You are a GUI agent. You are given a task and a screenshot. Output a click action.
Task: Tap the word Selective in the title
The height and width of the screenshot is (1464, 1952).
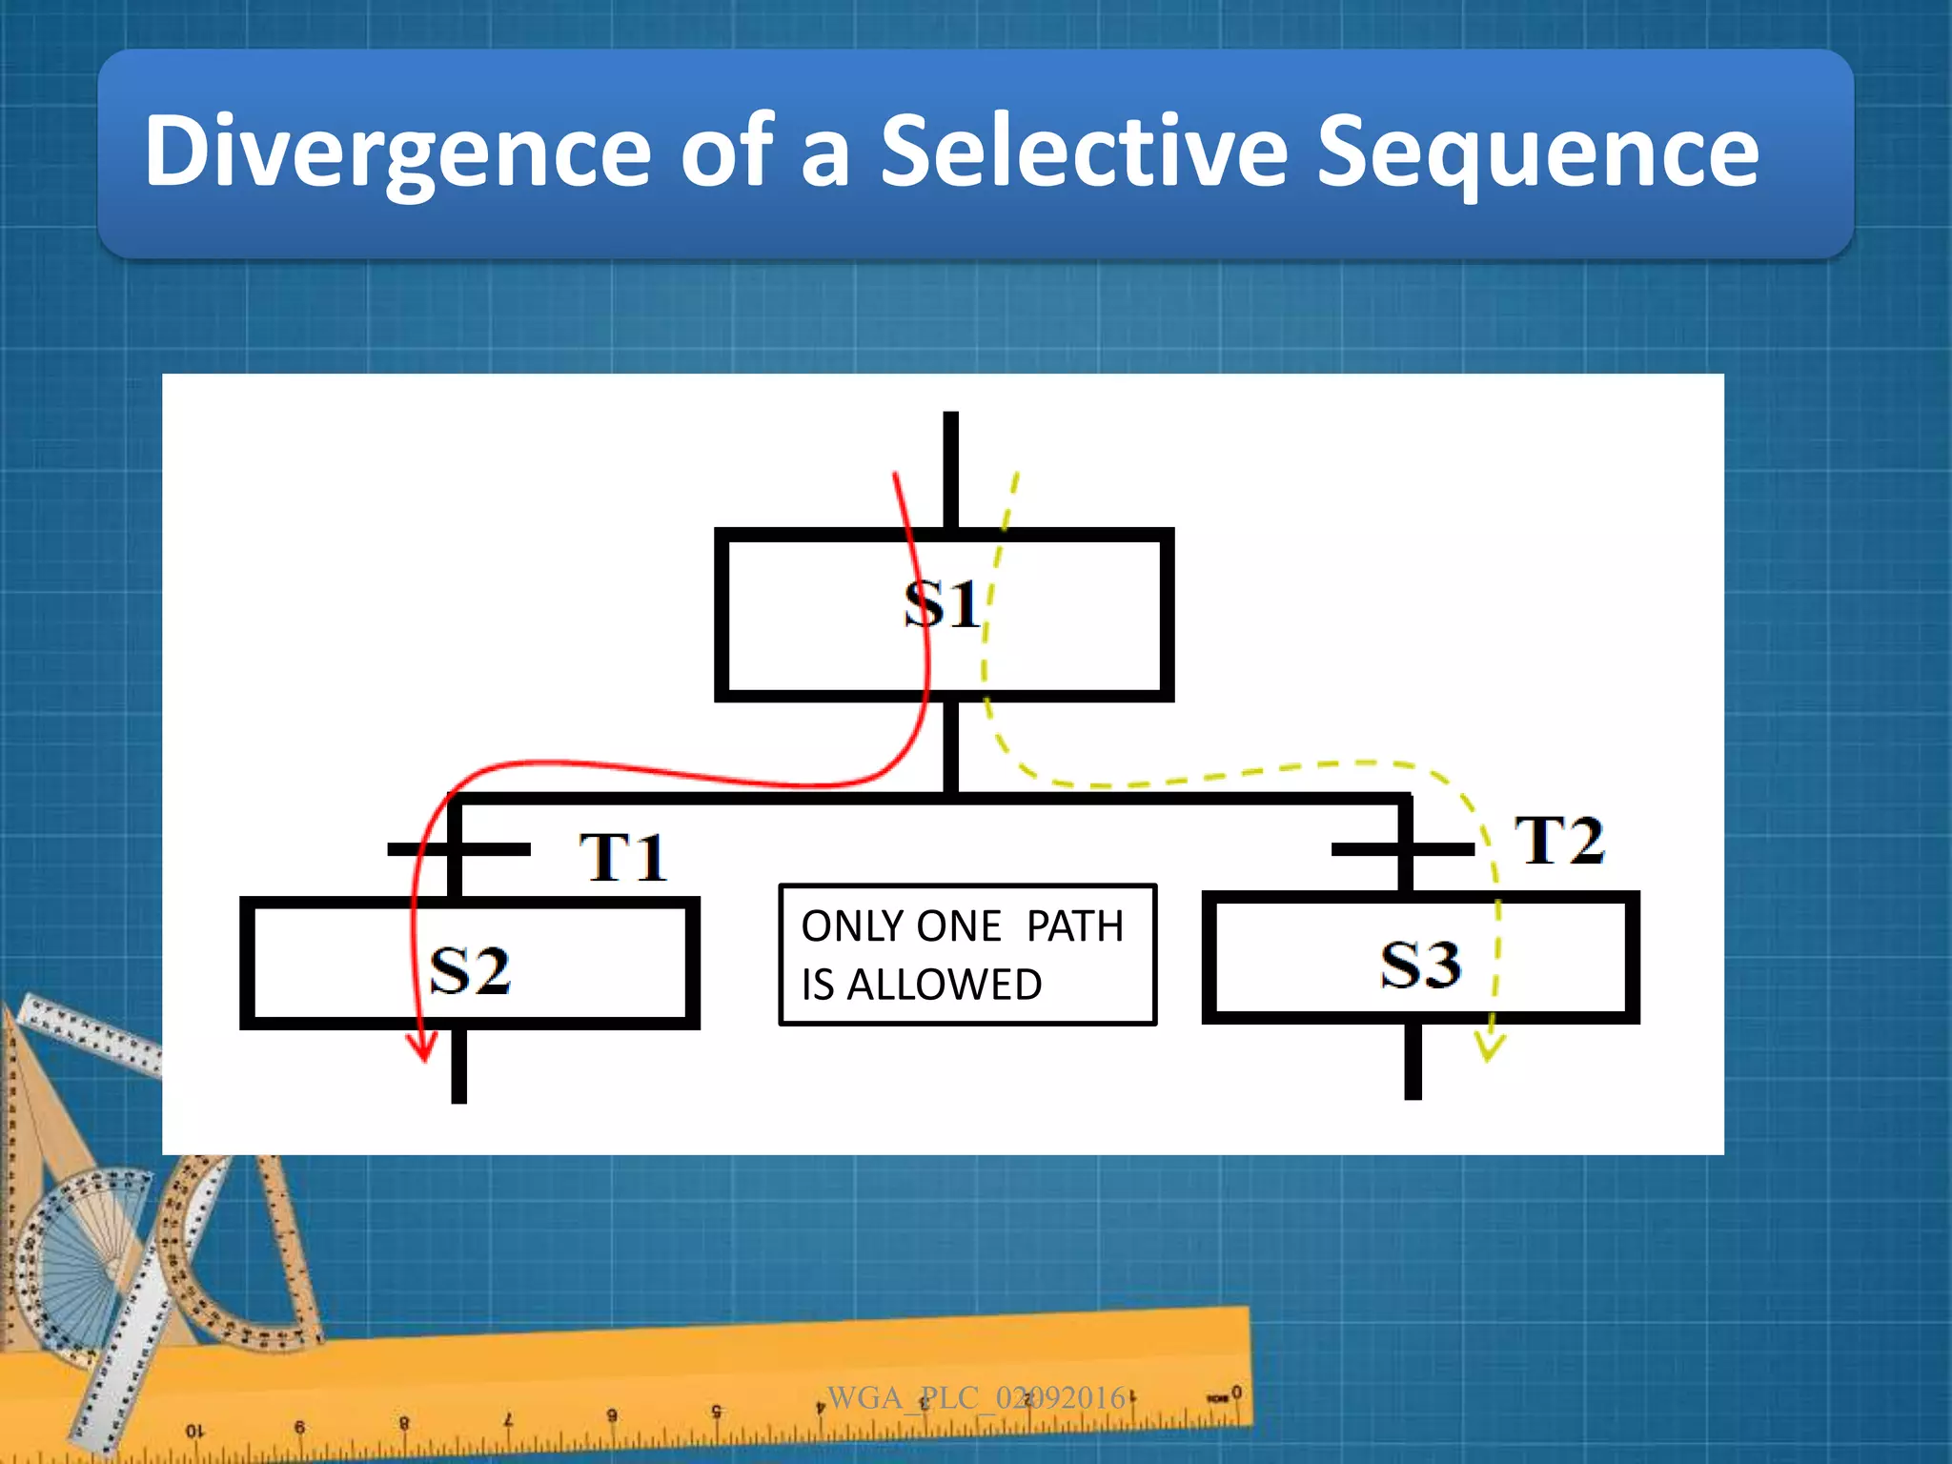(1084, 151)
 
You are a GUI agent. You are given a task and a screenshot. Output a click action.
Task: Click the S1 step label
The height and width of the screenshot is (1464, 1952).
(942, 604)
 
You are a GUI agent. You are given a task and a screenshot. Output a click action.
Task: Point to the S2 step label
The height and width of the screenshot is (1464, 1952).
(470, 970)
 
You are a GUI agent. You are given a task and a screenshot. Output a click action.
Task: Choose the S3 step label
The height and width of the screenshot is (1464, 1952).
(1420, 964)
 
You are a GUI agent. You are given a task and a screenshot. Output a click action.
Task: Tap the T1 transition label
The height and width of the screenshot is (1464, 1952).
(622, 857)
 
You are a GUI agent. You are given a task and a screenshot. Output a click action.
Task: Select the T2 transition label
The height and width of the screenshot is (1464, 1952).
(1559, 841)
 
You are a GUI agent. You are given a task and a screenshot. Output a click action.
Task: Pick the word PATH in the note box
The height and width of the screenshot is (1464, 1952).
(1074, 926)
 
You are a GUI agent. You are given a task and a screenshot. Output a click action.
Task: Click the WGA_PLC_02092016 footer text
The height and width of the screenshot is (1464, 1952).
(976, 1397)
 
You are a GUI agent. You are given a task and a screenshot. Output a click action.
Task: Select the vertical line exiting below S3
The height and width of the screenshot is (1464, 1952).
(1413, 1060)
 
